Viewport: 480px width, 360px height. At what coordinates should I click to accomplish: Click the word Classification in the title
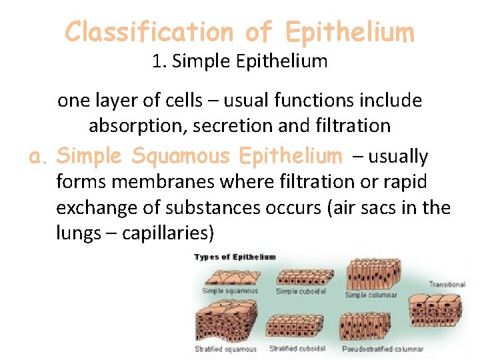pos(149,31)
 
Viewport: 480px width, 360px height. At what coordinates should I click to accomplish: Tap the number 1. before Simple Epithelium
pos(159,62)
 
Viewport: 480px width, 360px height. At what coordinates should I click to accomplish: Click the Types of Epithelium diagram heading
pos(235,257)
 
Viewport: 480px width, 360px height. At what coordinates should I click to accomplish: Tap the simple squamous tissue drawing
pos(231,275)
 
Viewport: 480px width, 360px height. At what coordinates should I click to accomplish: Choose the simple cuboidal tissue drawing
pos(301,276)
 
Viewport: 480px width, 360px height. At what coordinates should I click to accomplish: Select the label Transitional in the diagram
pos(446,285)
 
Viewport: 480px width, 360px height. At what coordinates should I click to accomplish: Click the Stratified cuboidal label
pos(297,349)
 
